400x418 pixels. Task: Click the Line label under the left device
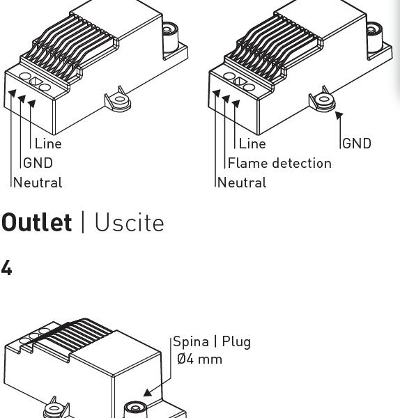tap(48, 144)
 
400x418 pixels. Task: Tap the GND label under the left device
tap(38, 163)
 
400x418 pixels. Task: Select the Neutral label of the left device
tap(38, 183)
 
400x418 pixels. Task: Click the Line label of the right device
tap(252, 144)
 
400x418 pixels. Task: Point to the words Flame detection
tap(279, 163)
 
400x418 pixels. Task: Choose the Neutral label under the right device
tap(242, 183)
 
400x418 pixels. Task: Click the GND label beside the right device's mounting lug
tap(357, 144)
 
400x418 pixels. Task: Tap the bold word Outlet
tap(36, 222)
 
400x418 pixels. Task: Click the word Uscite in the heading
tap(130, 222)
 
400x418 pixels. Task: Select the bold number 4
tap(6, 268)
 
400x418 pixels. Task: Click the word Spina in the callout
tap(191, 342)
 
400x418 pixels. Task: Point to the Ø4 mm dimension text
tap(199, 359)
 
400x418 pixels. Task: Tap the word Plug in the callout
tap(236, 342)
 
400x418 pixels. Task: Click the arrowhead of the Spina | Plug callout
tap(148, 393)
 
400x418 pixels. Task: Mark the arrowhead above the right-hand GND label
tap(339, 115)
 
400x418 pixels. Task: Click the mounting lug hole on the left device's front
tap(120, 100)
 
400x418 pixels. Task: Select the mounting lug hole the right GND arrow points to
tap(324, 100)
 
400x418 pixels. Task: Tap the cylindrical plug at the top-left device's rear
tap(170, 37)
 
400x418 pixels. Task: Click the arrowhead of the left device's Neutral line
tap(13, 93)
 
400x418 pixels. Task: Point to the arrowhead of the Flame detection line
tap(226, 99)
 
